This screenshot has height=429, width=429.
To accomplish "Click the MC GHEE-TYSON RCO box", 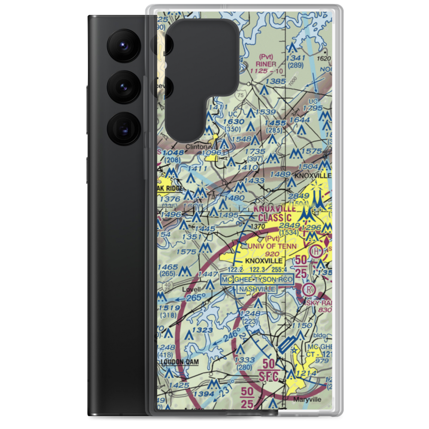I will (257, 280).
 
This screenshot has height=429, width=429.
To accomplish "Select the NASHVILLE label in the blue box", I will (257, 289).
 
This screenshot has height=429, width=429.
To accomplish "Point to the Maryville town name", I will (307, 399).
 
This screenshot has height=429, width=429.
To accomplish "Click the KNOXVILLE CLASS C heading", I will (275, 213).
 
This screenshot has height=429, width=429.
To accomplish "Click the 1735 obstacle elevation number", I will (254, 152).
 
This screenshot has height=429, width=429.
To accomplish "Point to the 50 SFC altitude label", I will (269, 370).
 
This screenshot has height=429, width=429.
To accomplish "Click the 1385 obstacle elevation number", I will (275, 81).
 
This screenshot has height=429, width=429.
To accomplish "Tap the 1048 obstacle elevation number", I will (170, 152).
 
